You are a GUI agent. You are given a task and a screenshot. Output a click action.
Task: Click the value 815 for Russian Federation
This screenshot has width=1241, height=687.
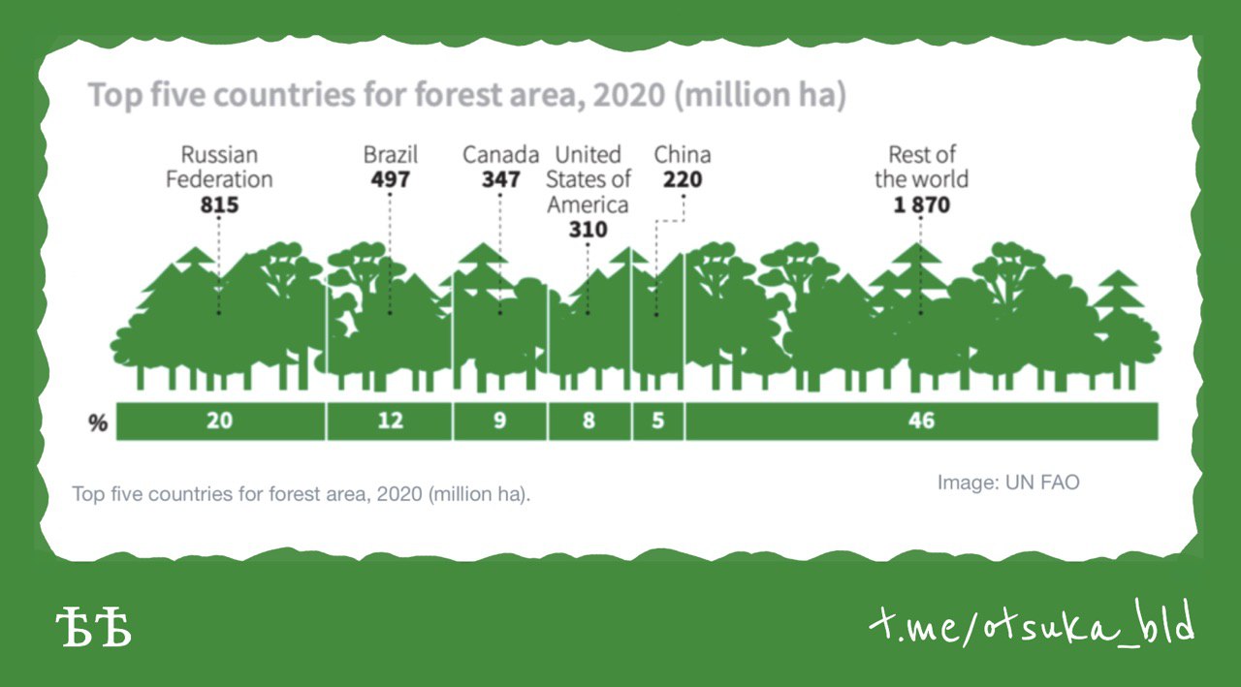[219, 204]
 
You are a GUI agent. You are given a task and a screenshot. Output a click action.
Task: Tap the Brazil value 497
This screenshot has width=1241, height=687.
[390, 179]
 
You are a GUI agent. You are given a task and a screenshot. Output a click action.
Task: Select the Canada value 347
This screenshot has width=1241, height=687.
[500, 179]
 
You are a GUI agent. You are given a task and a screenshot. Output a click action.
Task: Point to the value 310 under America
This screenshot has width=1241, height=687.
[588, 230]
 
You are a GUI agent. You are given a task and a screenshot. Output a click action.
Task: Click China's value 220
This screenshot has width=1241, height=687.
[683, 179]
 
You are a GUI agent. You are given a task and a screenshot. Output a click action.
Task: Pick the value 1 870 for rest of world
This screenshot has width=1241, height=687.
[921, 204]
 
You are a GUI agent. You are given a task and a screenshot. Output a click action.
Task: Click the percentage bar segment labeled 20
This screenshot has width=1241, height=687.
[220, 422]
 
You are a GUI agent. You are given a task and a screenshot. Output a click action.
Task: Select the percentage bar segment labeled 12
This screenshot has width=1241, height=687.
[390, 422]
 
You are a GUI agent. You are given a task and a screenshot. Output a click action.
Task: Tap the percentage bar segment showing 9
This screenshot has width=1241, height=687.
[499, 422]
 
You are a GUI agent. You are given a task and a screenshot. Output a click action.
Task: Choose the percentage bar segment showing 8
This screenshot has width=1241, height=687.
[589, 422]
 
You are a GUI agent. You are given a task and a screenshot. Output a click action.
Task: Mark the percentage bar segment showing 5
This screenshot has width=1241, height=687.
[658, 422]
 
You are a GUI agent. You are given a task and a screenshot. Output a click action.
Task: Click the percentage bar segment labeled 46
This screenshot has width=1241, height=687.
[922, 422]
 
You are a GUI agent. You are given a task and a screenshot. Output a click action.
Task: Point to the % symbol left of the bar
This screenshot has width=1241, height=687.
[98, 422]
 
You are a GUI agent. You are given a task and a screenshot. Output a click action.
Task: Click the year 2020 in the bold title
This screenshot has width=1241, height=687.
[629, 95]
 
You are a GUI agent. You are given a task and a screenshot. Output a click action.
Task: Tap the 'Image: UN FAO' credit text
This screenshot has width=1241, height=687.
[1008, 483]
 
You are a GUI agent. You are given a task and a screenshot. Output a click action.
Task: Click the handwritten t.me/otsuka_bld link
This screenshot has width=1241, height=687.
[1032, 623]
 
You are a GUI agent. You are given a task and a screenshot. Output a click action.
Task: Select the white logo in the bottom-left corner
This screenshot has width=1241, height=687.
[94, 626]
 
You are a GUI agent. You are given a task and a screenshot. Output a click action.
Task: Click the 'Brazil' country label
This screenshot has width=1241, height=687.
[391, 154]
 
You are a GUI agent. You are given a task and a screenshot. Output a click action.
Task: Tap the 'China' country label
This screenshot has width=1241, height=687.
[683, 154]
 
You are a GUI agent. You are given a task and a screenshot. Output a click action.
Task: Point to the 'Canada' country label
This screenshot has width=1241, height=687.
[501, 154]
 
